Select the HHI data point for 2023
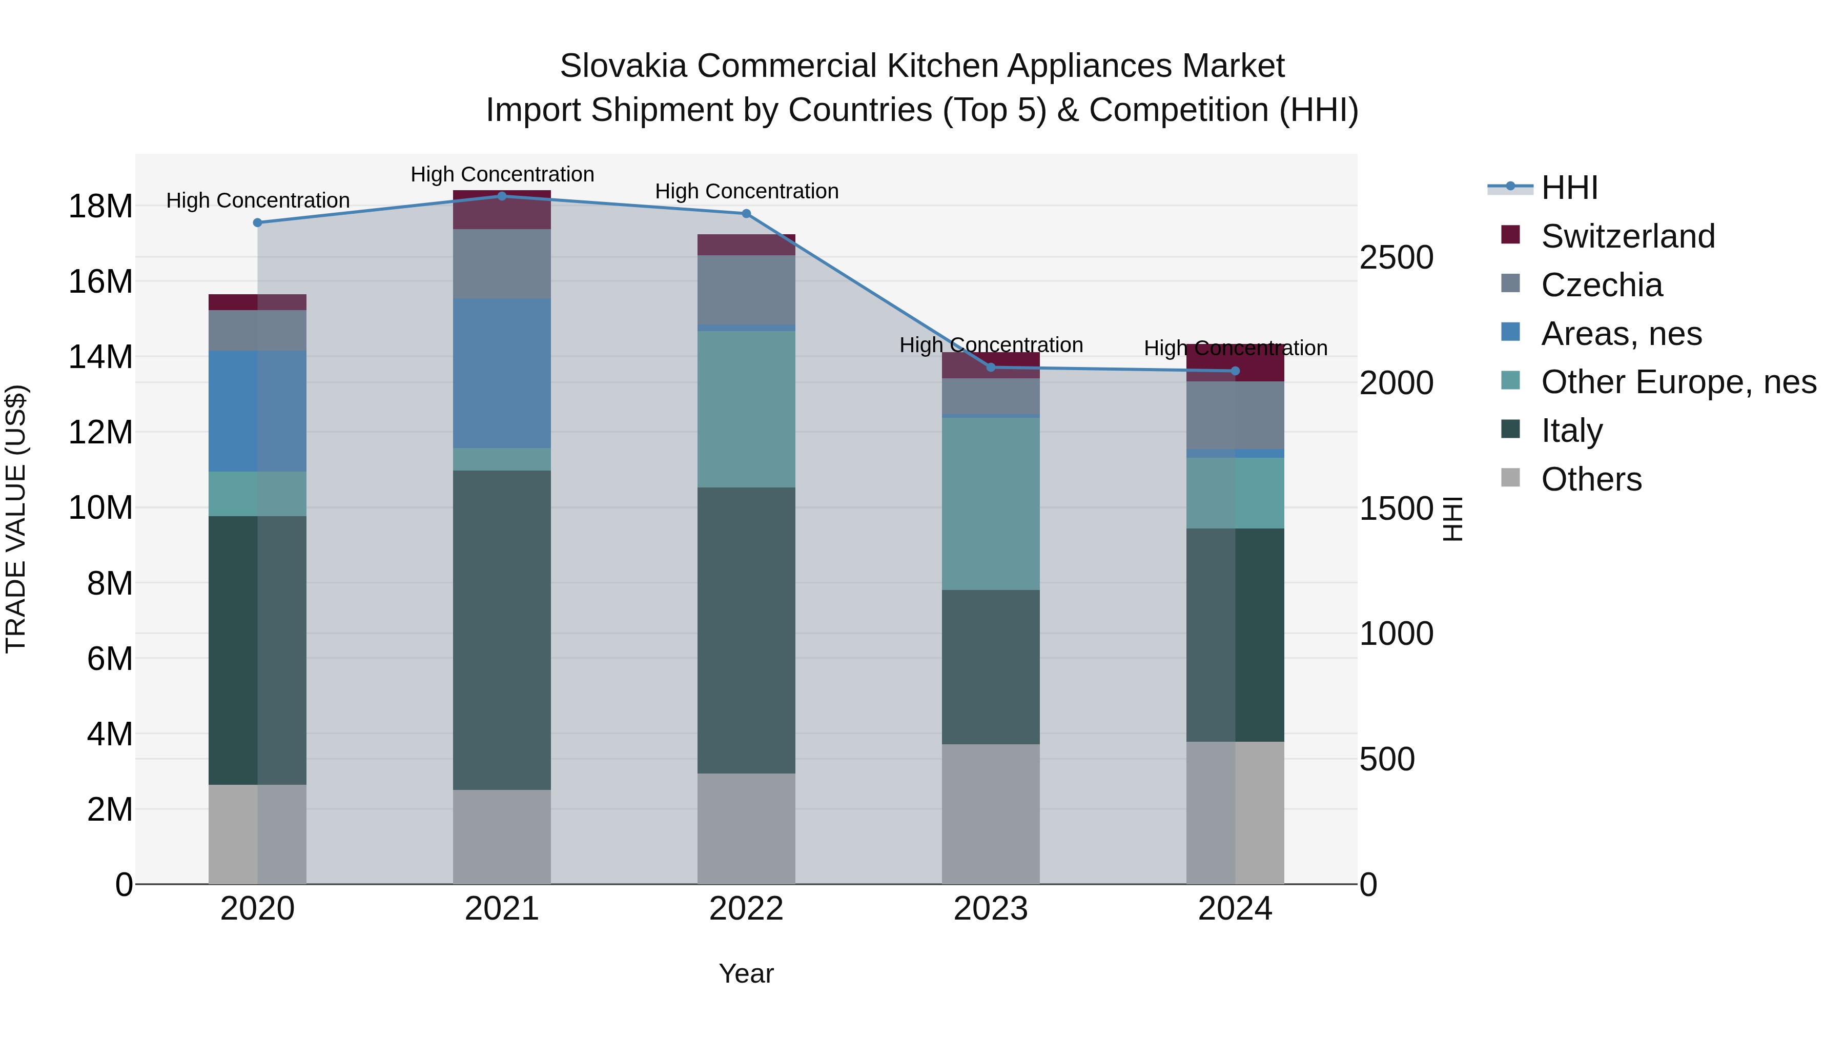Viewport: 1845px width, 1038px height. point(991,368)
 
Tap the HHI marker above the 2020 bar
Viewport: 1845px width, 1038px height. point(258,223)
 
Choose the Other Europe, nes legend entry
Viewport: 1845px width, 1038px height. point(1678,382)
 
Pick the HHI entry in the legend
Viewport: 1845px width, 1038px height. point(1569,188)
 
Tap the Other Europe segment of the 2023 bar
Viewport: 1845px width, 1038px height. point(991,503)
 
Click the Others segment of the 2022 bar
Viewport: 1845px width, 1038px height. point(746,828)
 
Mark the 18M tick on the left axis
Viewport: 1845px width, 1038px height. point(100,206)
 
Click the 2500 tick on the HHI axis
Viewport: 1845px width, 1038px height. point(1396,258)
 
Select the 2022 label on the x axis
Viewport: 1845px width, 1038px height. point(746,909)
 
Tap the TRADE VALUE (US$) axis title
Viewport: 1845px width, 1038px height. point(16,519)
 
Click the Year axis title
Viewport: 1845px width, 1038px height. point(746,973)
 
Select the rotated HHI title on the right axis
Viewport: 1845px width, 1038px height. point(1452,519)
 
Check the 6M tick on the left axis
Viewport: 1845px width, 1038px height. point(109,658)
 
